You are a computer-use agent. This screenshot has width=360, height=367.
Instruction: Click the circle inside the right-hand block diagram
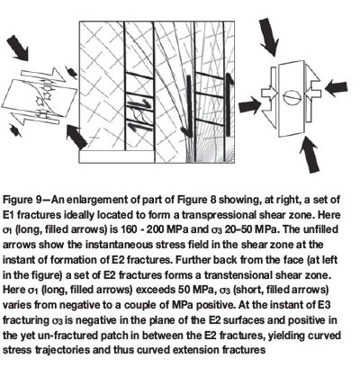pyautogui.click(x=292, y=97)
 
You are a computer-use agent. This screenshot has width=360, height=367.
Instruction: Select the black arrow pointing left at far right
pyautogui.click(x=337, y=88)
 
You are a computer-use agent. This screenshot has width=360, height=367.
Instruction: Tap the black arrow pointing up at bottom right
pyautogui.click(x=310, y=154)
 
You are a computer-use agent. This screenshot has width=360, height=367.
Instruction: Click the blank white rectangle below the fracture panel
pyautogui.click(x=117, y=157)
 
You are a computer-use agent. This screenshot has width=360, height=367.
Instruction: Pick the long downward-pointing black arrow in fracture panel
pyautogui.click(x=187, y=106)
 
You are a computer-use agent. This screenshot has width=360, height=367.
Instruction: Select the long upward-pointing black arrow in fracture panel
pyautogui.click(x=229, y=104)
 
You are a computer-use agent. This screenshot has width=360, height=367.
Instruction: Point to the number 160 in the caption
pyautogui.click(x=130, y=229)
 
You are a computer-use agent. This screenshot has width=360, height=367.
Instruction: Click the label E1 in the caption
pyautogui.click(x=8, y=215)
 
